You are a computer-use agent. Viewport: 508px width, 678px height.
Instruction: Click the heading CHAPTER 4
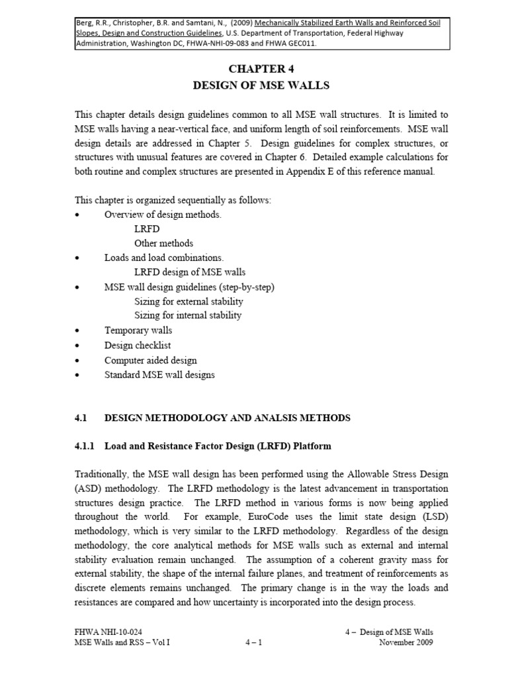[x=260, y=68]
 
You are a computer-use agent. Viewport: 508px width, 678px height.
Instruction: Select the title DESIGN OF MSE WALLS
[x=260, y=85]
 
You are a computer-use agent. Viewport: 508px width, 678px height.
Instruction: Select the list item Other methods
[x=163, y=243]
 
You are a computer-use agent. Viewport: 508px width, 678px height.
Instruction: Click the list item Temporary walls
[x=138, y=330]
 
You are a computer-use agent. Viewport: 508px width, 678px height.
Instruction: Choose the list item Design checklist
[x=138, y=345]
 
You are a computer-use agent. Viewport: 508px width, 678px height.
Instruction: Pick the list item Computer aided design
[x=150, y=360]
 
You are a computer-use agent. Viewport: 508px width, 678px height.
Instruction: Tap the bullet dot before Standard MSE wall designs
[x=78, y=375]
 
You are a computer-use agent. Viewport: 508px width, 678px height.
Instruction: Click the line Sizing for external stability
[x=188, y=301]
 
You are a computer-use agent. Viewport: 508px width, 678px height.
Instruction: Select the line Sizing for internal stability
[x=188, y=315]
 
